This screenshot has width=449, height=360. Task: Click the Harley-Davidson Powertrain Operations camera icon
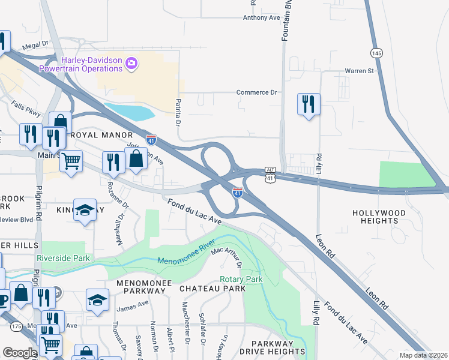tap(132, 62)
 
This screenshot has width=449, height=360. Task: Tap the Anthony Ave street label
tap(262, 18)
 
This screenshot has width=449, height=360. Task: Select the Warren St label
tap(359, 71)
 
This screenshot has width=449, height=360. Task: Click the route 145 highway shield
tap(376, 53)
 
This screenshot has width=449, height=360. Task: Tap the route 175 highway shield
tap(16, 326)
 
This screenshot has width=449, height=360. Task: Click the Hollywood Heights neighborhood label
tap(379, 217)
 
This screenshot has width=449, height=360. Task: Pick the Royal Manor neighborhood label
tap(97, 135)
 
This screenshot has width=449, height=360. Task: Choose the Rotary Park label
tap(241, 280)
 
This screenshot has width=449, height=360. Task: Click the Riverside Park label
tap(63, 258)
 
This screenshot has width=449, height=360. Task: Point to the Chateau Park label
tap(212, 289)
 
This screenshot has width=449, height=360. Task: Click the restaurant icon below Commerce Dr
tap(309, 104)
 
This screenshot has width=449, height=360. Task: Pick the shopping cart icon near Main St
tap(71, 160)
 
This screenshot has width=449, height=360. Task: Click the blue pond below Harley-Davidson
tap(130, 112)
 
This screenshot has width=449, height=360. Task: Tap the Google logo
tap(20, 353)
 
